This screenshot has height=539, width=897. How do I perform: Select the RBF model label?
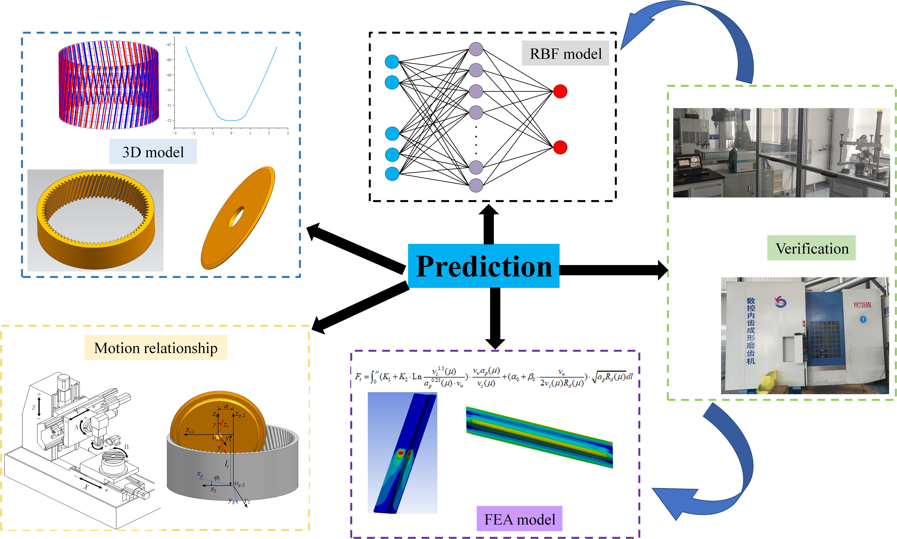[565, 54]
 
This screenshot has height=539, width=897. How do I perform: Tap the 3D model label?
[153, 152]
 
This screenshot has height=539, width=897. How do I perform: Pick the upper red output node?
[560, 91]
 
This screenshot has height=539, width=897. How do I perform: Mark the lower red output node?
[560, 147]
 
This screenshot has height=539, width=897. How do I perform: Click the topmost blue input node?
[392, 62]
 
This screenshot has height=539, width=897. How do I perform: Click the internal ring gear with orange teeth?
[95, 220]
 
